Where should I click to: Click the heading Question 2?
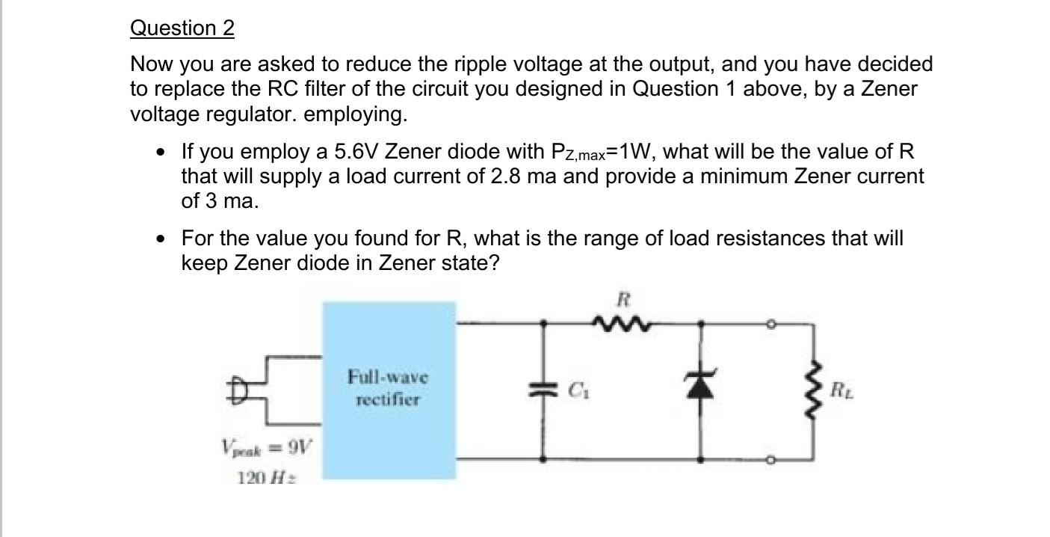(182, 28)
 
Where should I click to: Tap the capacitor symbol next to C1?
(544, 390)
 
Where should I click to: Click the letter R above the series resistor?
(624, 301)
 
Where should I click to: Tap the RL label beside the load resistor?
(840, 390)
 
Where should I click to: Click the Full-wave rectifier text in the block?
(388, 387)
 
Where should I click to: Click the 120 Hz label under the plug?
(265, 477)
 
